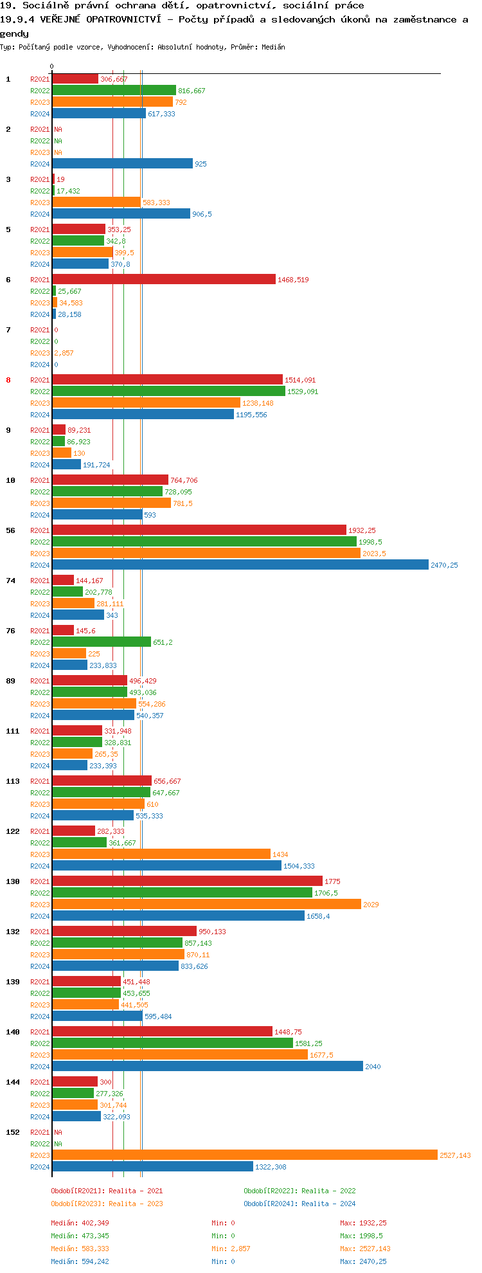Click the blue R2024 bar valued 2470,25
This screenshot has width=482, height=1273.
[240, 564]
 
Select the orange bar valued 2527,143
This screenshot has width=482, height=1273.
[245, 1155]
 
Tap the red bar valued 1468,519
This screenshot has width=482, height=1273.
[164, 279]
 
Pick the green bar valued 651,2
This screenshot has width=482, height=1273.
[102, 642]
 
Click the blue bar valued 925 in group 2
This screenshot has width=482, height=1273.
[123, 163]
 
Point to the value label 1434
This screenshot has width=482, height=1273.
[280, 854]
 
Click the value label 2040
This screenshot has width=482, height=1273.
[373, 1067]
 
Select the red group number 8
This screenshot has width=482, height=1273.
[8, 380]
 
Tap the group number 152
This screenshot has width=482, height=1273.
[13, 1132]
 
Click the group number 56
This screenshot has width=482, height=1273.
[10, 530]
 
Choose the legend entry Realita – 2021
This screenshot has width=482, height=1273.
[107, 1191]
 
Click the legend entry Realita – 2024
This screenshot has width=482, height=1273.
[299, 1204]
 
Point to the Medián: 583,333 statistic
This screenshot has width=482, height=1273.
[80, 1249]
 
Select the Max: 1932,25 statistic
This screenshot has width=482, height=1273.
[363, 1223]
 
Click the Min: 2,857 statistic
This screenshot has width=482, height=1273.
[231, 1249]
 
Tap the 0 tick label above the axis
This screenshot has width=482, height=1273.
[52, 67]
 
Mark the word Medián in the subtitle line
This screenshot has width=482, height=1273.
[273, 47]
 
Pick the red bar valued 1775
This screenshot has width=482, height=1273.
[187, 881]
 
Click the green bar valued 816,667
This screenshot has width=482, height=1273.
[114, 90]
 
